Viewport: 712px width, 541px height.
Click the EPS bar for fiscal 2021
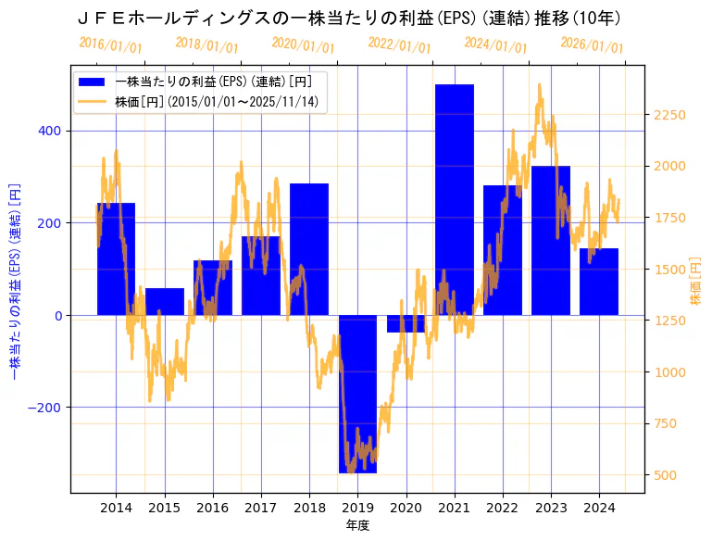pos(454,199)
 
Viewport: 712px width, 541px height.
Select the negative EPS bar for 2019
pos(357,394)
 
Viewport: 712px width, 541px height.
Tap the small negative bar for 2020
pos(406,323)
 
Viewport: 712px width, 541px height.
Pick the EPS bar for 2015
pos(165,302)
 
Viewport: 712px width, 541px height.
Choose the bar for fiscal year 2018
pos(309,249)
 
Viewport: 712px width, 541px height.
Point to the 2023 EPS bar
pos(551,241)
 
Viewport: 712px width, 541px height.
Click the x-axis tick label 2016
pos(213,508)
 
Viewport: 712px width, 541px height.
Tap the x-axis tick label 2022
pos(502,508)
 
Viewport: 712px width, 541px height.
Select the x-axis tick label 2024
pos(598,508)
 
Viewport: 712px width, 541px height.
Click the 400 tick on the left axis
pos(50,131)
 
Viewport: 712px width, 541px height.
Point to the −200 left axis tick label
pos(44,408)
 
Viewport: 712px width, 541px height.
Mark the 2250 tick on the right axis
pos(669,115)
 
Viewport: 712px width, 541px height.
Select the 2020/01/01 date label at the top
pos(303,45)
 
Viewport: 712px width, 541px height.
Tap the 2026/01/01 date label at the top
pos(593,45)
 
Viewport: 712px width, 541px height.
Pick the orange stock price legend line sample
pos(93,101)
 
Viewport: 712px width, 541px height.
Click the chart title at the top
pos(348,18)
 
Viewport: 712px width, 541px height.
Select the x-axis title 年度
pos(356,526)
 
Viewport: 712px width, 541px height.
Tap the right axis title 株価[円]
pos(696,283)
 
